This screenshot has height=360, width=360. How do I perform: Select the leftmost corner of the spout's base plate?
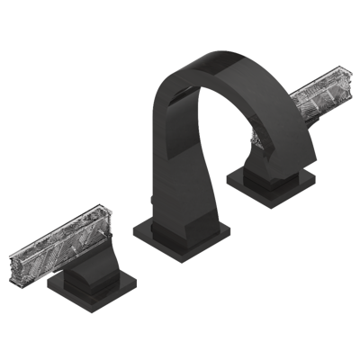132,232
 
